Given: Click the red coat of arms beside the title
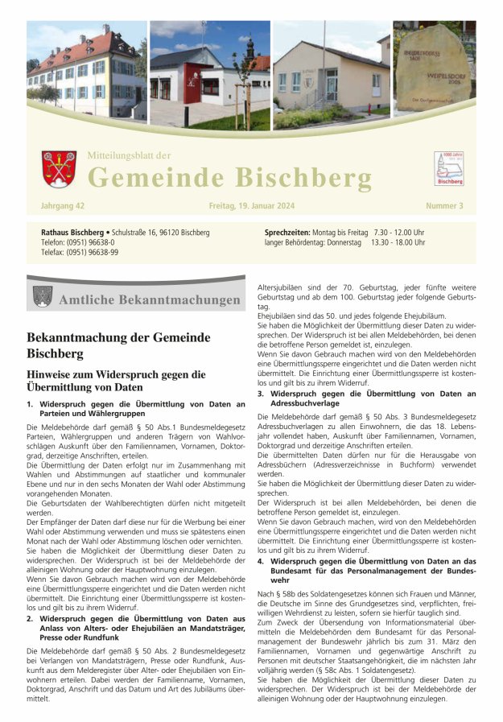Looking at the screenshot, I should coord(59,169).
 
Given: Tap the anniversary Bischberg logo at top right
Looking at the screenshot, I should coord(448,168).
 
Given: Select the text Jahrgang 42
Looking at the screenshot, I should coord(62,207).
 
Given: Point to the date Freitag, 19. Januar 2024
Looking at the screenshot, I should coord(251,207).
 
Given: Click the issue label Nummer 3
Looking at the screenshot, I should coord(445,207).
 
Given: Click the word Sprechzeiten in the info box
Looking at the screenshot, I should coord(287,232).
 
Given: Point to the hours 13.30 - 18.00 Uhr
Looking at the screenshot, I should coord(398,241).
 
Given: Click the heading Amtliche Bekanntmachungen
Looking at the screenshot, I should coord(150,300).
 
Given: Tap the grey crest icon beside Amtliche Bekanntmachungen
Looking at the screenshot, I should coord(43,297).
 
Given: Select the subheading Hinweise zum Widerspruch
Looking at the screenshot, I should coord(116,381).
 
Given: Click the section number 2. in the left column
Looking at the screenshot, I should coord(30,596).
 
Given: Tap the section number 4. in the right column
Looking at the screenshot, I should coord(260,561).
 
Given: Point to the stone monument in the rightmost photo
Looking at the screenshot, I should coord(433,68).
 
